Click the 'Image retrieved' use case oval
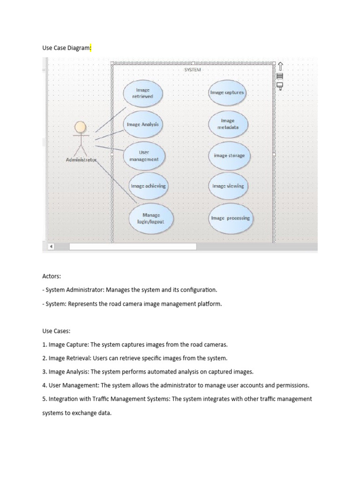tap(143, 93)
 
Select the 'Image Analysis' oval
tap(143, 124)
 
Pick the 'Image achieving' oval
tap(148, 186)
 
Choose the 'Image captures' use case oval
tap(227, 93)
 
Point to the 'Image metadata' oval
tap(227, 124)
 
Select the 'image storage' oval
tap(229, 156)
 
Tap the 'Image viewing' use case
tap(228, 186)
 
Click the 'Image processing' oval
tap(230, 218)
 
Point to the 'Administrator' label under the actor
tap(81, 160)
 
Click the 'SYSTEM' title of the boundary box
tap(192, 69)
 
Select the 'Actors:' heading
tap(52, 277)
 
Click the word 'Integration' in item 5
tap(64, 399)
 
